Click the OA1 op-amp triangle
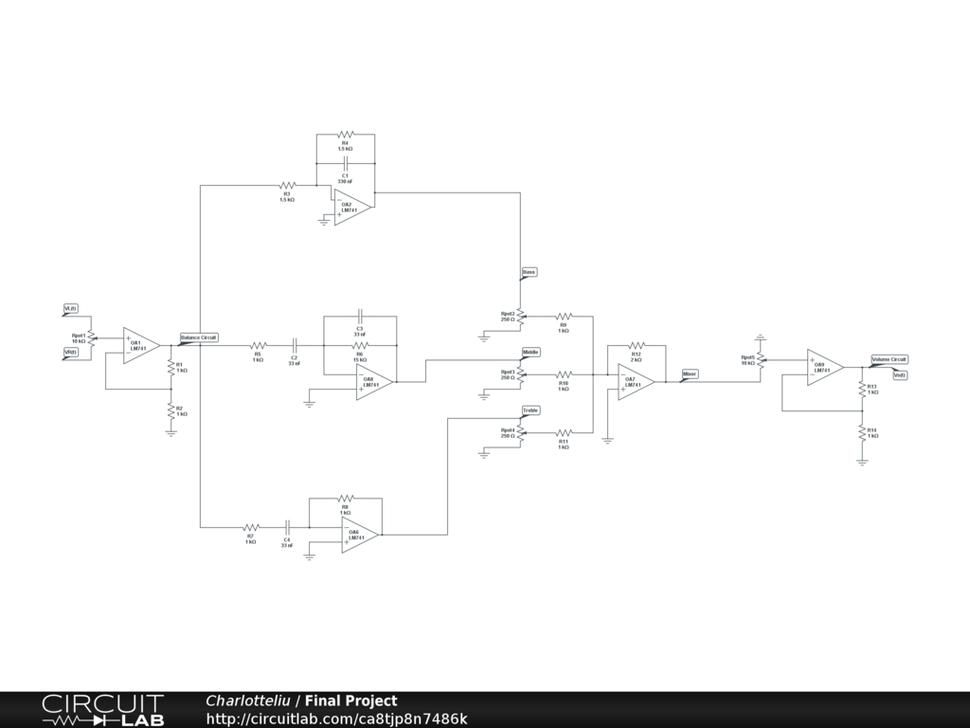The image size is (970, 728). click(139, 346)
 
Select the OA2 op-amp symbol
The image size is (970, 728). click(350, 208)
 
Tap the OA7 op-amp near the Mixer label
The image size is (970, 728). click(634, 381)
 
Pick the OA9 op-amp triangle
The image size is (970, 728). click(823, 367)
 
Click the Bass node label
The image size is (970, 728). click(529, 272)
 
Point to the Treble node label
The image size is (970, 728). click(530, 409)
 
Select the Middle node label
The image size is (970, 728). click(530, 352)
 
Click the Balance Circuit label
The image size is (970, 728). click(199, 337)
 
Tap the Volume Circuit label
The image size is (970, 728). click(889, 359)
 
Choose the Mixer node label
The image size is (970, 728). click(690, 374)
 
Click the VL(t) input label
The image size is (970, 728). click(71, 309)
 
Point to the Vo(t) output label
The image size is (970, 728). click(899, 374)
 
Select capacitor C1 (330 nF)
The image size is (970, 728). click(345, 164)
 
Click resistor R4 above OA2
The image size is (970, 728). click(345, 135)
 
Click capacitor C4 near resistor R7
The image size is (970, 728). click(286, 526)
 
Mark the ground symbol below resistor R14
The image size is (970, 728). click(862, 462)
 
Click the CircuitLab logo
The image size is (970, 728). click(102, 710)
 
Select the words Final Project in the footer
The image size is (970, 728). click(350, 701)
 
